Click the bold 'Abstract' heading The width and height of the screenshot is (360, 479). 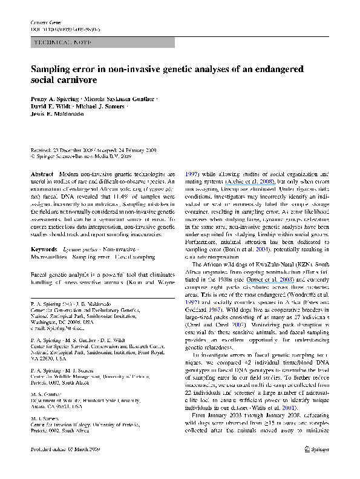click(x=42, y=173)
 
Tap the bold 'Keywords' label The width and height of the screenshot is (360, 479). click(x=45, y=233)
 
